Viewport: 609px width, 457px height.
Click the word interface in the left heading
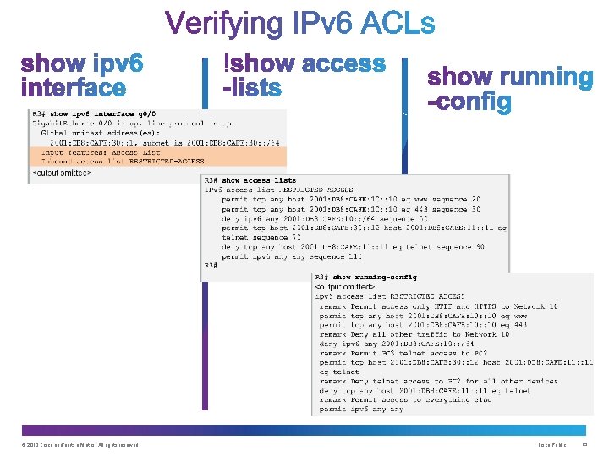[x=74, y=87]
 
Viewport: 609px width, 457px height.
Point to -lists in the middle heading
[x=253, y=86]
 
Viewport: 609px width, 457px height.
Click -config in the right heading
[x=469, y=102]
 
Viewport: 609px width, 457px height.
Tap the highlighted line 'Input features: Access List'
[x=89, y=151]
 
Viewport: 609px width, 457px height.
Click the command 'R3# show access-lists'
[x=250, y=180]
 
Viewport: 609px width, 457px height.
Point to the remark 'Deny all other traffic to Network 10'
[x=414, y=334]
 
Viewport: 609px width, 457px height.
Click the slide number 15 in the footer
[x=584, y=445]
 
